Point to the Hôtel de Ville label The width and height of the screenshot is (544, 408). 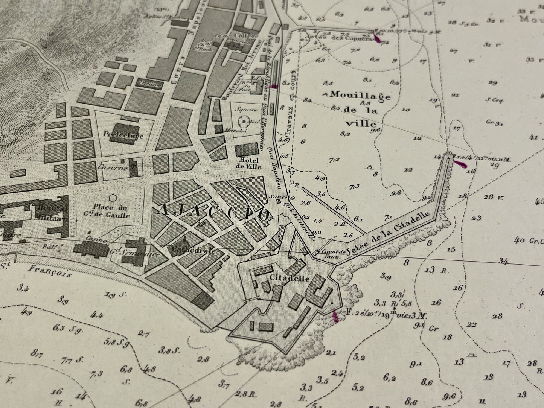pos(248,163)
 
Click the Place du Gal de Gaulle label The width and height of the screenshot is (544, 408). pos(111,212)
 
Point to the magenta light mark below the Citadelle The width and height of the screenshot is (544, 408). pos(335,315)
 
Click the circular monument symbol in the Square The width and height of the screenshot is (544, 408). pos(245,122)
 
